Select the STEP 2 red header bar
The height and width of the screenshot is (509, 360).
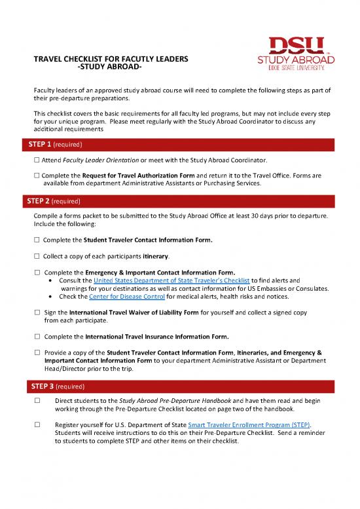tap(180, 202)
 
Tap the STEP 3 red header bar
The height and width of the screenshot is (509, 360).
tap(180, 385)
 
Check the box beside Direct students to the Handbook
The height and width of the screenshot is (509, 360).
tap(37, 401)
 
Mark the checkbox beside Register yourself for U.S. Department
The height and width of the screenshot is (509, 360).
tap(37, 425)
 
